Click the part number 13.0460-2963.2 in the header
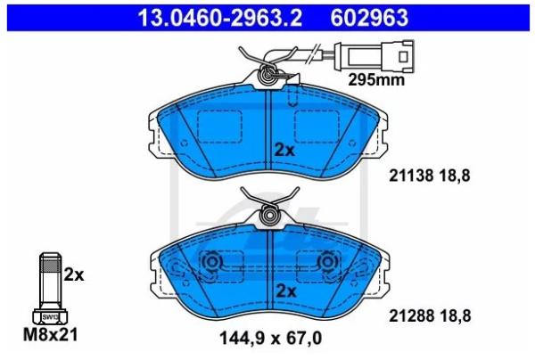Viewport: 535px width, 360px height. pyautogui.click(x=219, y=18)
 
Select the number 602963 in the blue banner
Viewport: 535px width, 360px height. pyautogui.click(x=369, y=18)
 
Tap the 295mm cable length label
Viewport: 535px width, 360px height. pyautogui.click(x=376, y=80)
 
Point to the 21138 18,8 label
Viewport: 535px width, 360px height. pyautogui.click(x=430, y=176)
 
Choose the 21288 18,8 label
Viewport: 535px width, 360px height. pyautogui.click(x=430, y=316)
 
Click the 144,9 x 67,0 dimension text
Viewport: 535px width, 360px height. pyautogui.click(x=270, y=339)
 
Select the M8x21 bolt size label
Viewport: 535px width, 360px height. pyautogui.click(x=51, y=335)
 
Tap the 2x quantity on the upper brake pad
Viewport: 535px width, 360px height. pyautogui.click(x=284, y=150)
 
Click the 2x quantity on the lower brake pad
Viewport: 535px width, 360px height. pyautogui.click(x=286, y=291)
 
